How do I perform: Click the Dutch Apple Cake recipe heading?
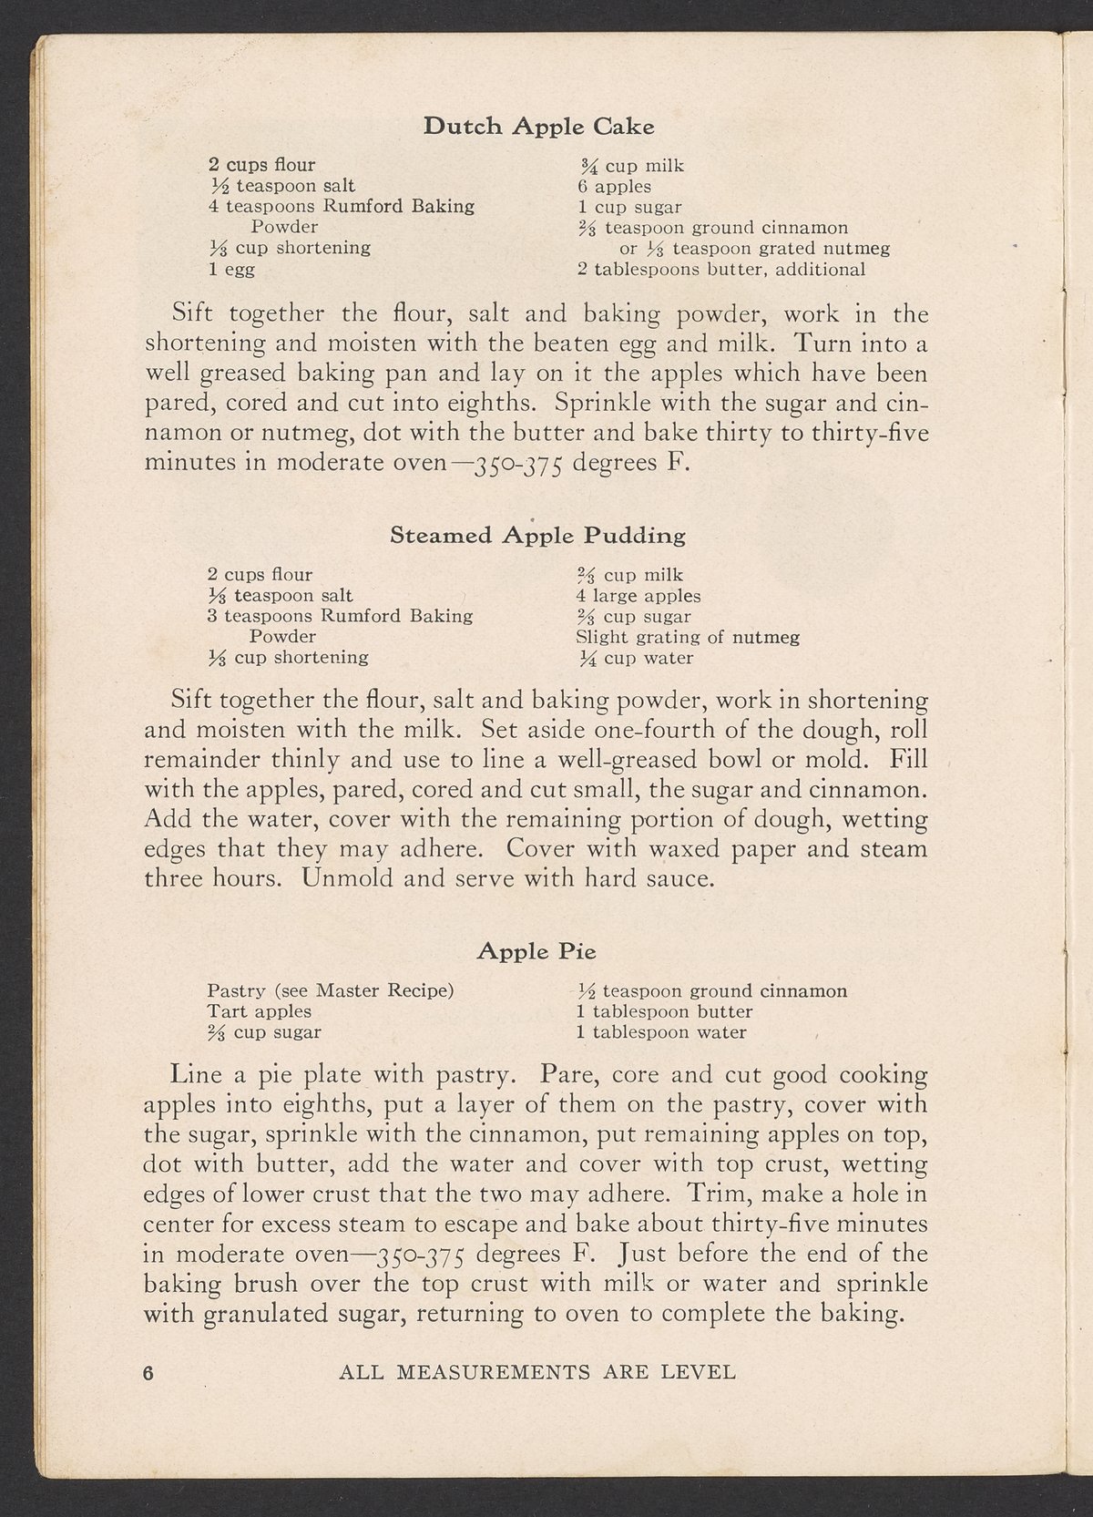point(538,127)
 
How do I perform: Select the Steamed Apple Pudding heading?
point(537,536)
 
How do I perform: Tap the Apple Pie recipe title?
point(536,952)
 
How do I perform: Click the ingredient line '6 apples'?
point(615,187)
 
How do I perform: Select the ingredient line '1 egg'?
point(231,270)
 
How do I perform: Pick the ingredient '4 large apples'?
point(638,597)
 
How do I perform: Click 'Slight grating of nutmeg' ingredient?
point(688,638)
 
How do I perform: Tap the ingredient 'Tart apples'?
point(259,1011)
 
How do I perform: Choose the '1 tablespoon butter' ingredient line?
point(664,1011)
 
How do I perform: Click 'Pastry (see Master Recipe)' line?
point(331,990)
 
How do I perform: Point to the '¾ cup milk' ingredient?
point(632,166)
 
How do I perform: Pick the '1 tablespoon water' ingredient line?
point(660,1033)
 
